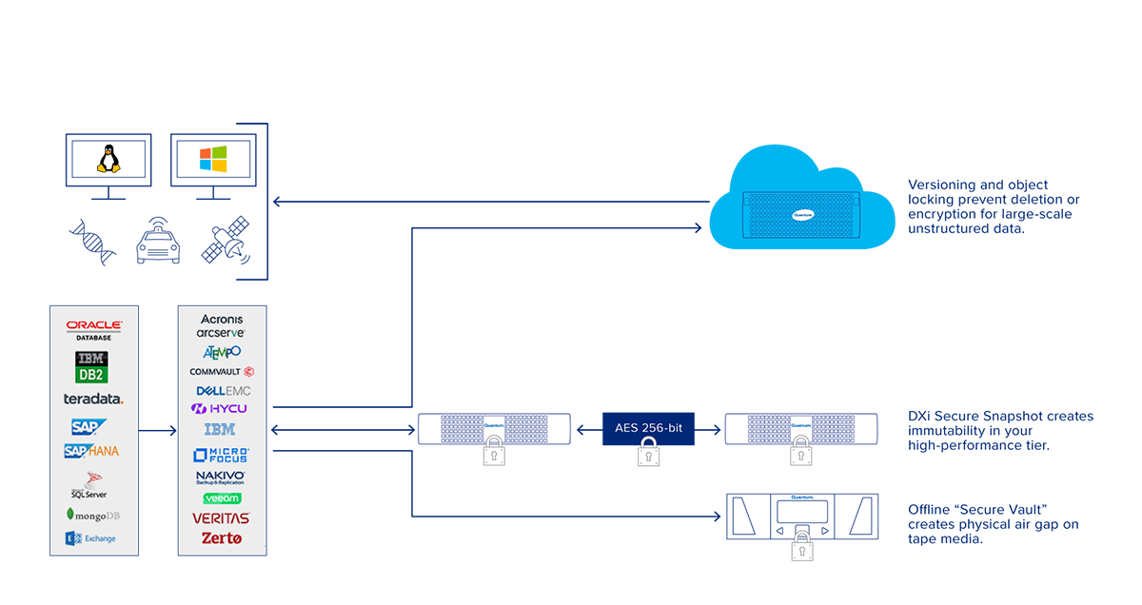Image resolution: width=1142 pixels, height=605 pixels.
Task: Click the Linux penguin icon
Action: pyautogui.click(x=108, y=158)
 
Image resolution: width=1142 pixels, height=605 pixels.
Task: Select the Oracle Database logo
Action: pyautogui.click(x=94, y=329)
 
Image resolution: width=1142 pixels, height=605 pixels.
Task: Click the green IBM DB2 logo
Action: pyautogui.click(x=92, y=367)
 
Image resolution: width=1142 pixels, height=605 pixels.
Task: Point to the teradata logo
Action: pyautogui.click(x=93, y=399)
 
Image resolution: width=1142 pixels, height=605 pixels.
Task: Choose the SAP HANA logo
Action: pyautogui.click(x=91, y=451)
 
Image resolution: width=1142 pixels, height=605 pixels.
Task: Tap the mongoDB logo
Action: pyautogui.click(x=93, y=515)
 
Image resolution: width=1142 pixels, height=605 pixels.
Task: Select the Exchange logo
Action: pyautogui.click(x=91, y=538)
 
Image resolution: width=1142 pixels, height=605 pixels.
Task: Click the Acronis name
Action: pyautogui.click(x=222, y=320)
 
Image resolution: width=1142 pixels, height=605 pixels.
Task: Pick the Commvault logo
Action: pyautogui.click(x=222, y=371)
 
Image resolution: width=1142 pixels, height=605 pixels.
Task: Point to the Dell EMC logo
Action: pyautogui.click(x=223, y=391)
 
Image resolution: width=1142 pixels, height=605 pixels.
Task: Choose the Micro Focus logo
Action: pyautogui.click(x=221, y=455)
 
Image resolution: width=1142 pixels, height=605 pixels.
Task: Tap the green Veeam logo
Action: pyautogui.click(x=222, y=498)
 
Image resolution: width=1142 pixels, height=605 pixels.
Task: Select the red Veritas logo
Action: pyautogui.click(x=221, y=518)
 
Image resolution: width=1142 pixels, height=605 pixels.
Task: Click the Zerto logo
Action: pyautogui.click(x=222, y=538)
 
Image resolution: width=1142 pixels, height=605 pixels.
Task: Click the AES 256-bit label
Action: pyautogui.click(x=648, y=428)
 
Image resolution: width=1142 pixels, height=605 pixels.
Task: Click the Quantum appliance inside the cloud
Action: pyautogui.click(x=800, y=215)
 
